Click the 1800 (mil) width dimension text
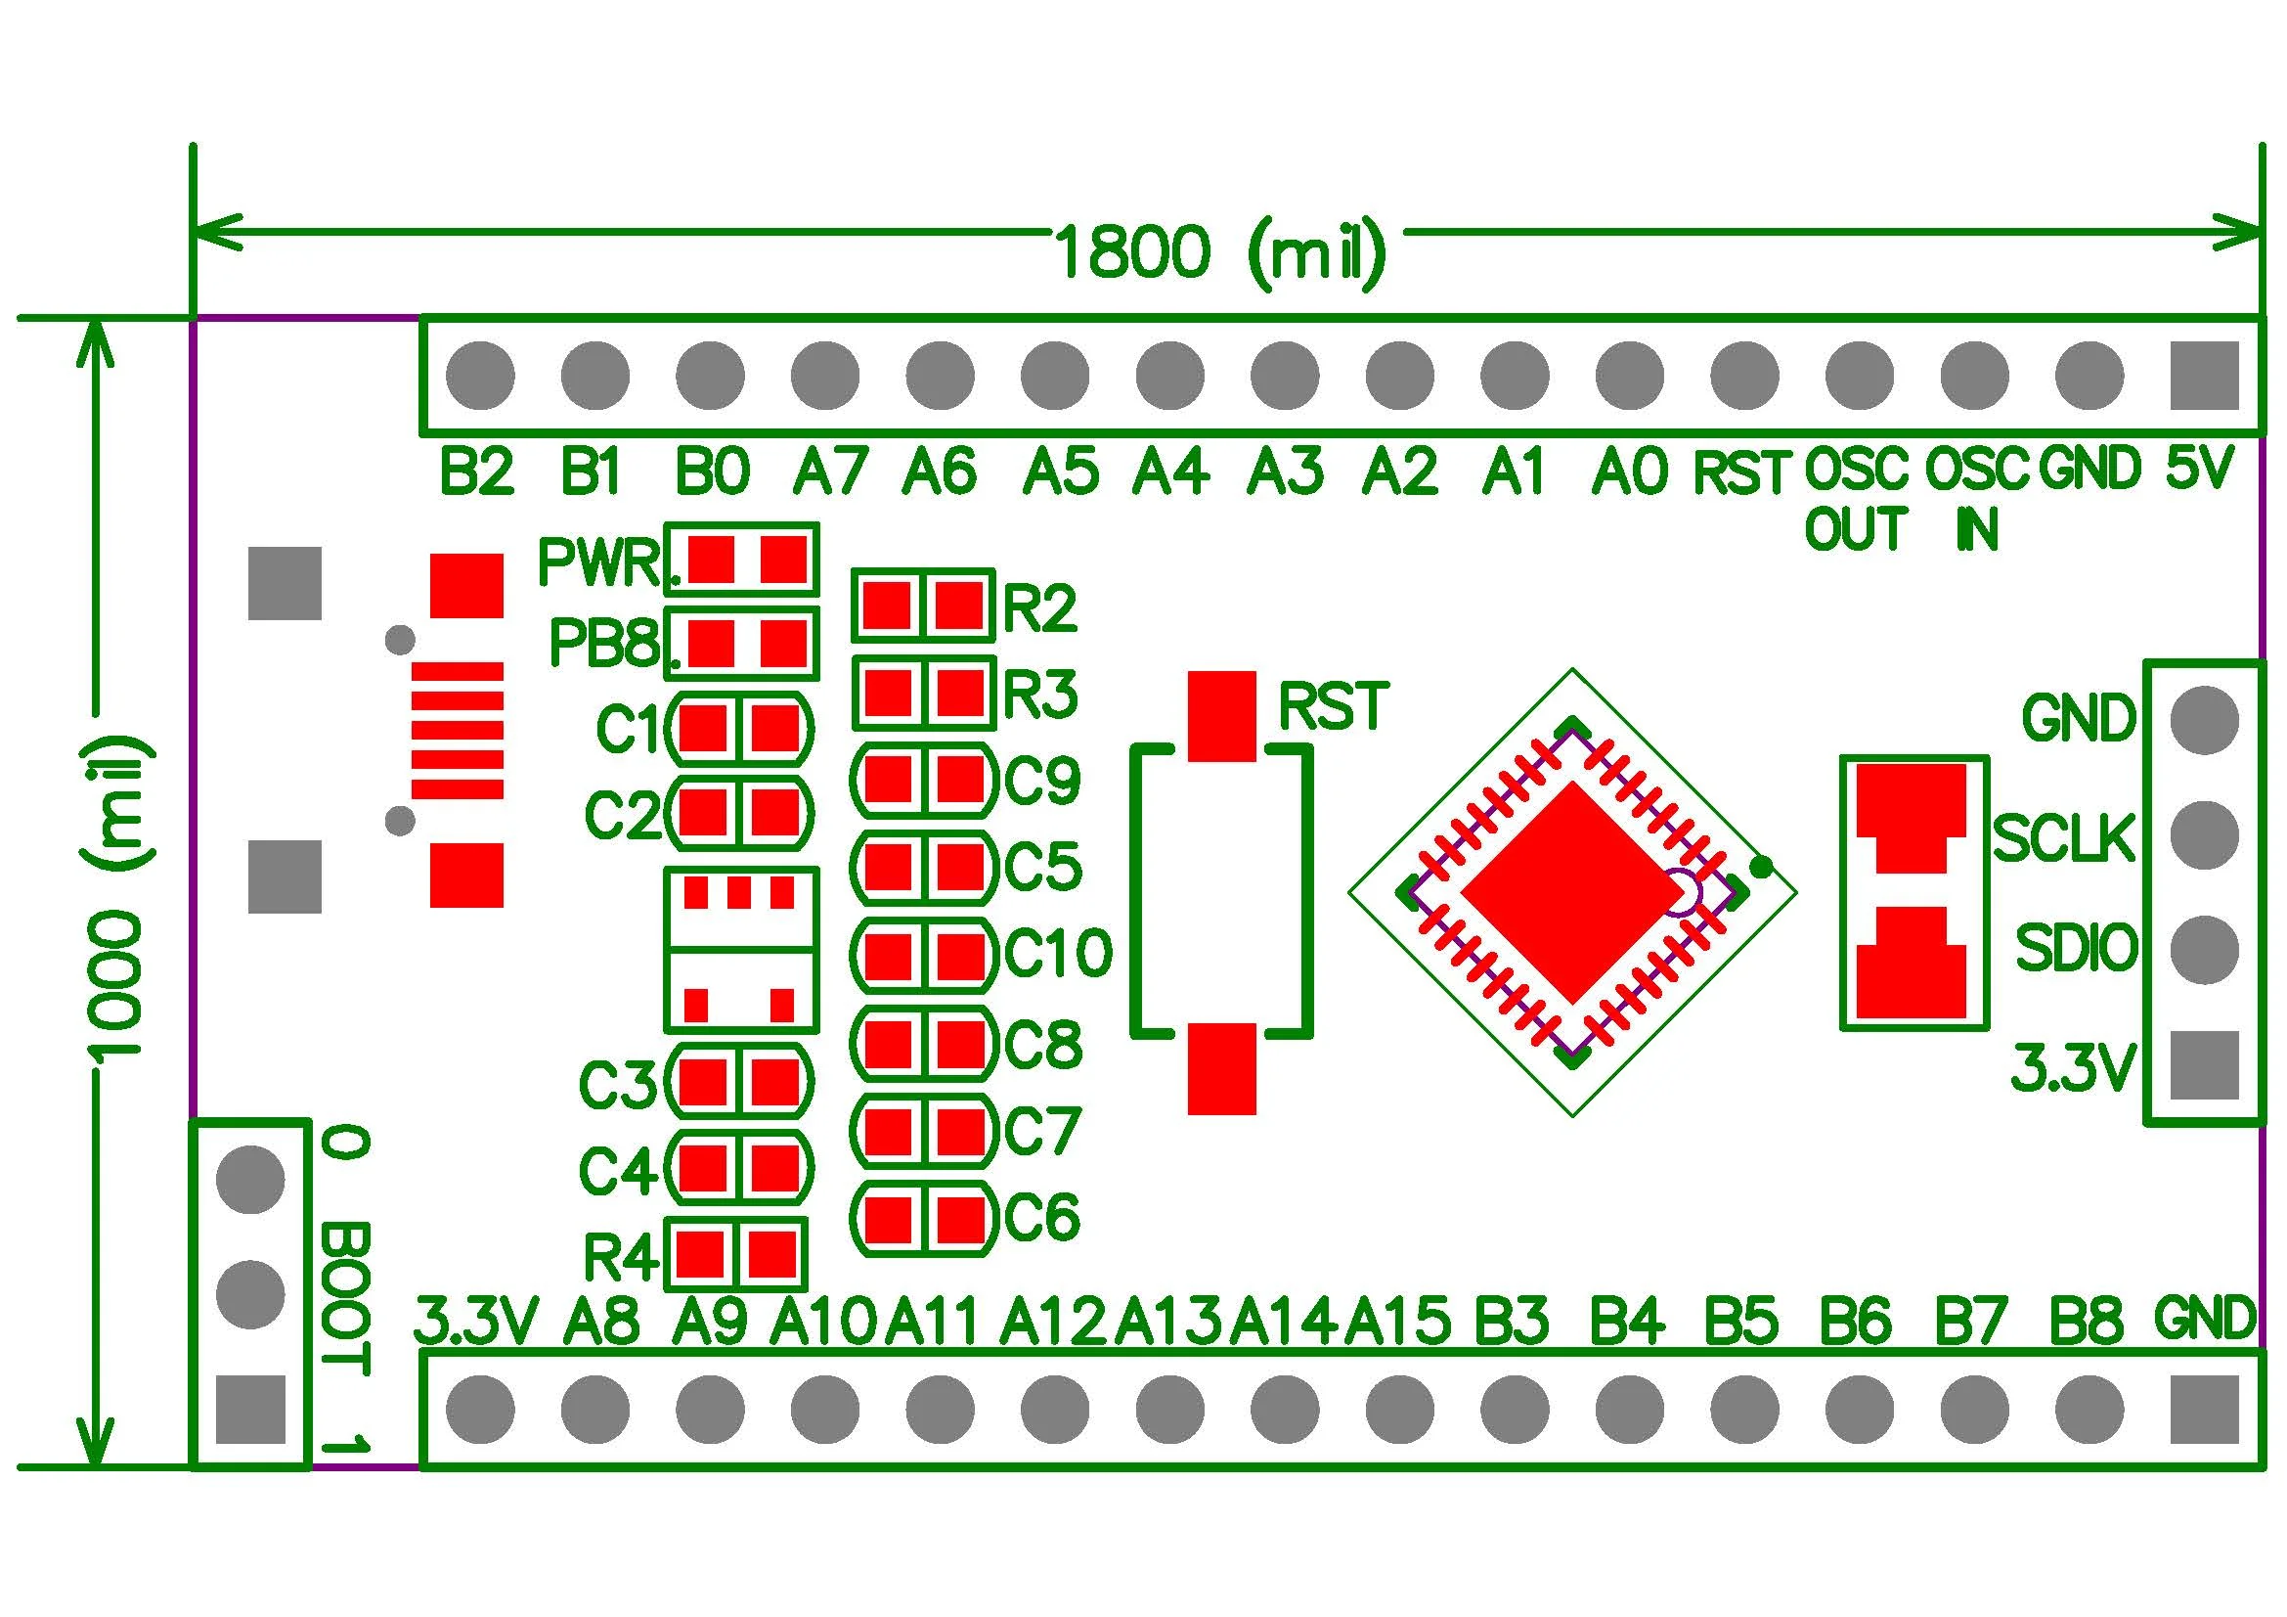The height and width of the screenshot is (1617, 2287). [1219, 252]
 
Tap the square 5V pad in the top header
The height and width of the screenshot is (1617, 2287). [2204, 376]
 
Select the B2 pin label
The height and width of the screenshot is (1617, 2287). [477, 472]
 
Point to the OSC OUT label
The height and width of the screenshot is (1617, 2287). [1857, 498]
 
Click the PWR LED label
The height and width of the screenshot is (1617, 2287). [598, 562]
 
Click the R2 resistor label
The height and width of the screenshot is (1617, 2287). [1040, 607]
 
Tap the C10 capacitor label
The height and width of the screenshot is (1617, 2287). [1058, 953]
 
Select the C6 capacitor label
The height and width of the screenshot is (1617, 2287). [1042, 1217]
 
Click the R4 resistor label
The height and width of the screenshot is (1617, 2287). [621, 1256]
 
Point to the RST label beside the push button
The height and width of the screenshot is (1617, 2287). [1333, 706]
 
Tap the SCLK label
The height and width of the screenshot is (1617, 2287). [2064, 838]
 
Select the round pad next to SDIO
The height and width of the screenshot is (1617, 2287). [2204, 948]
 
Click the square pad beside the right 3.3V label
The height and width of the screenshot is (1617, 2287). [2204, 1065]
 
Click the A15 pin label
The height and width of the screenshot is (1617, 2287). [1398, 1322]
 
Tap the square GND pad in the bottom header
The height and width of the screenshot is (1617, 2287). [2204, 1410]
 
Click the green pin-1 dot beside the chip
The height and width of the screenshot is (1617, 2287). [1761, 868]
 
